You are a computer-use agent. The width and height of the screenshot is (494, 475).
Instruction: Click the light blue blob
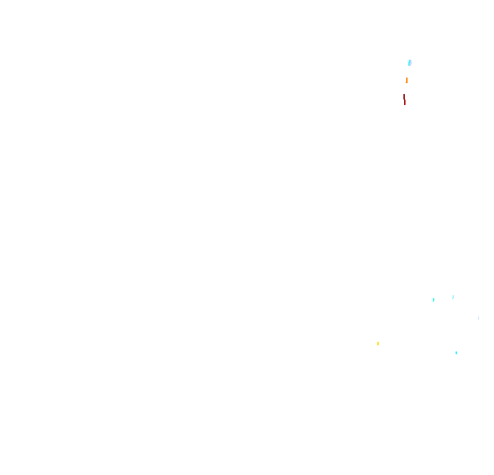click(x=410, y=62)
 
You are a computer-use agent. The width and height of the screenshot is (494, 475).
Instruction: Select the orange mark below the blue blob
click(x=406, y=80)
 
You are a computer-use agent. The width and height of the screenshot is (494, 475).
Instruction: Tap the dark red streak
click(x=405, y=100)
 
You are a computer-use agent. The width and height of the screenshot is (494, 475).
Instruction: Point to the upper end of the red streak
click(x=403, y=94)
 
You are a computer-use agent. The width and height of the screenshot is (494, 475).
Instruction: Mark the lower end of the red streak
click(x=405, y=105)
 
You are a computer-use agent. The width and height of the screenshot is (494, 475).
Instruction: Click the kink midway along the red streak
click(x=404, y=100)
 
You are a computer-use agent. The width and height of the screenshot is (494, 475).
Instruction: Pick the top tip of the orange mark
click(x=406, y=78)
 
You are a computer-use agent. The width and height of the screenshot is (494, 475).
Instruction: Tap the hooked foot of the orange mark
click(x=405, y=83)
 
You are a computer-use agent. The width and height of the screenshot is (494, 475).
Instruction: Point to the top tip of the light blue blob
click(x=410, y=60)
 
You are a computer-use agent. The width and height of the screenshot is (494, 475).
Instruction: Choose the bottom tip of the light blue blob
click(x=409, y=66)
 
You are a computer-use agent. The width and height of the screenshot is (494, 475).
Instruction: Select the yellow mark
click(x=378, y=343)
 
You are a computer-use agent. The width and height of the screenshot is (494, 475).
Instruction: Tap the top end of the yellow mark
click(x=378, y=341)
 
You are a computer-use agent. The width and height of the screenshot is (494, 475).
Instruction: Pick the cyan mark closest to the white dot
click(x=434, y=300)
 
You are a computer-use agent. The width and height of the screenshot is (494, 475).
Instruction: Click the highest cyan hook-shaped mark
click(x=453, y=297)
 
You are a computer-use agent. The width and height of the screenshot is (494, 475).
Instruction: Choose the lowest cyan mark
click(x=456, y=353)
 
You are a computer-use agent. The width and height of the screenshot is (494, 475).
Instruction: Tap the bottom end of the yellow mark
click(x=378, y=345)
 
